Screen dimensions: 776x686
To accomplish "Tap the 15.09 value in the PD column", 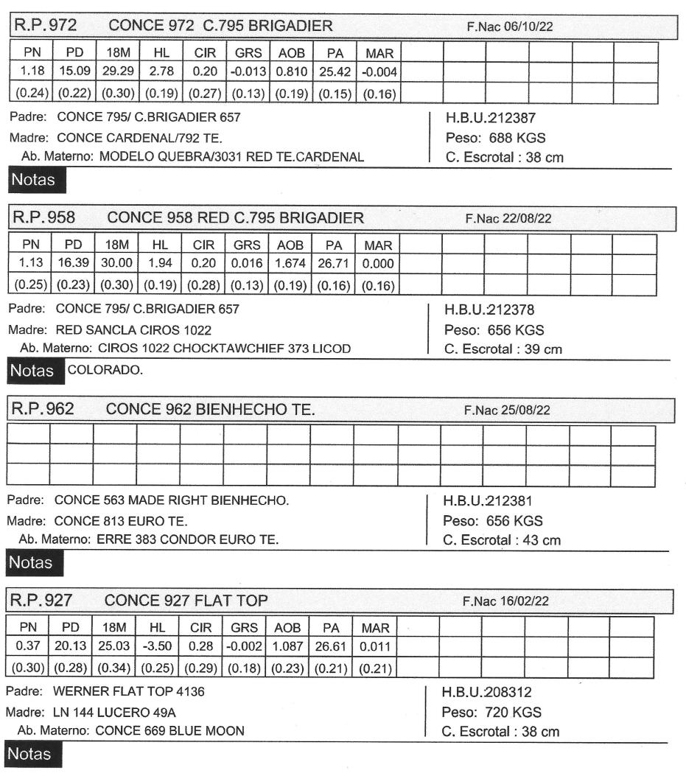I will (71, 72).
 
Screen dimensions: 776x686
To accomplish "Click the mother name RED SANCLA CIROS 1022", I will (133, 329).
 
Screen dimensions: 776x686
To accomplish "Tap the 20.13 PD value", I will (71, 647).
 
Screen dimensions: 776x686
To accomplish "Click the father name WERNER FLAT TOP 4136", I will (128, 692).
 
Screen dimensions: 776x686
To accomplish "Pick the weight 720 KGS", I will (505, 712).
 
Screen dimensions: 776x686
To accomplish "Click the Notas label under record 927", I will (32, 754).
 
